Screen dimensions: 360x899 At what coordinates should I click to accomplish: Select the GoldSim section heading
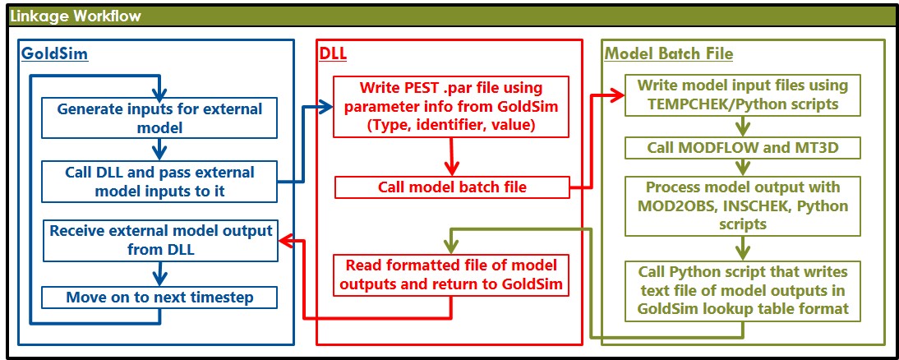53,54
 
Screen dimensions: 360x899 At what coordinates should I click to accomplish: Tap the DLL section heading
333,54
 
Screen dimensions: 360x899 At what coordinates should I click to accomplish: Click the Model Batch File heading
669,54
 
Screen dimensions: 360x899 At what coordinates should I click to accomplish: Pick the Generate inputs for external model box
160,118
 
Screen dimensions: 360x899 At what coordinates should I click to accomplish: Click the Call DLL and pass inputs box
160,181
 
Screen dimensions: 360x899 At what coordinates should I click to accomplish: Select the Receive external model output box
160,239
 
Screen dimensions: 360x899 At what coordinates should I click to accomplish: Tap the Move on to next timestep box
160,296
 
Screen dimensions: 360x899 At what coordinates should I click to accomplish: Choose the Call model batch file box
452,187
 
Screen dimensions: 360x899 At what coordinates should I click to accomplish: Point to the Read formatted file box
451,275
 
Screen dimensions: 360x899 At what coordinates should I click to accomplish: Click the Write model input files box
743,95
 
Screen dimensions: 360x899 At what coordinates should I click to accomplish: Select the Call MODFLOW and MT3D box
743,149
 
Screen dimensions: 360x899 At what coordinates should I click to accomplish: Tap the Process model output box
743,205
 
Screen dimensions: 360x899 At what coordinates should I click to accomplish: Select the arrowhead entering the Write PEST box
325,105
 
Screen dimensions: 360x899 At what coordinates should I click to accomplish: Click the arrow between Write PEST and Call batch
451,155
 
